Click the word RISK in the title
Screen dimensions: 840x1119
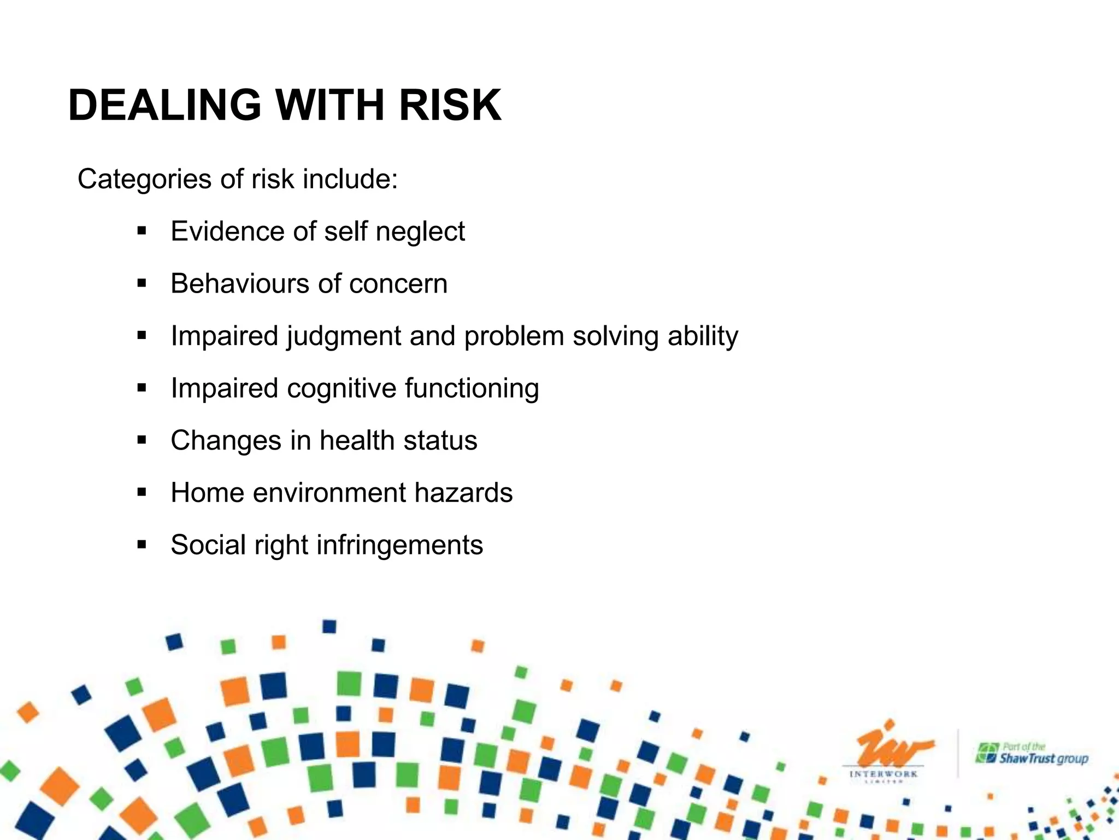tap(450, 105)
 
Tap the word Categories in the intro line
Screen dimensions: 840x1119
tap(144, 179)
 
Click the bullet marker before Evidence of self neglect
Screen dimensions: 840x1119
tap(142, 231)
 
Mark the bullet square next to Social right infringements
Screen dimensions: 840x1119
tap(142, 545)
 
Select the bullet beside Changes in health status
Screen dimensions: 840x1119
tap(142, 440)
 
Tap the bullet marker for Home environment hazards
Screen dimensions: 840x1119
tap(142, 493)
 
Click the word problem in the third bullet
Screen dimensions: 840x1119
tap(514, 336)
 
